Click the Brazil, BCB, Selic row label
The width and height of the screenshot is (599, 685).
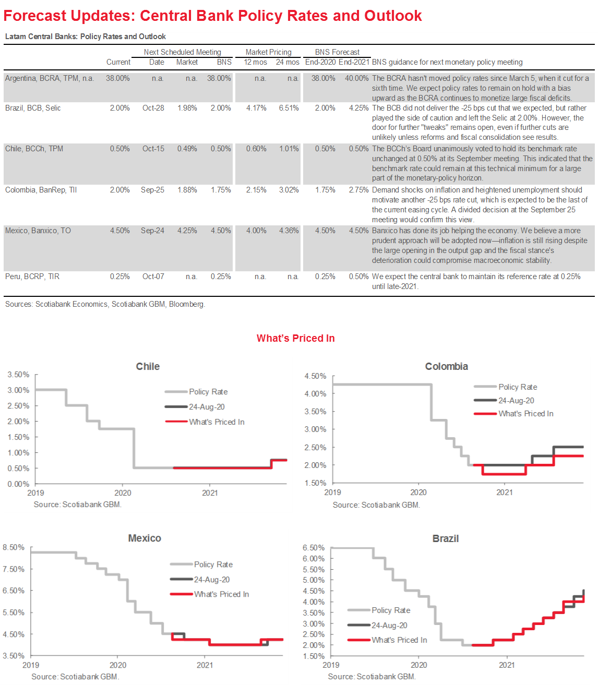tap(33, 108)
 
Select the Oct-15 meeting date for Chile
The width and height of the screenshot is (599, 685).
tap(153, 149)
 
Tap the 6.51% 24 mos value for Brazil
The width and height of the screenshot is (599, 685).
tap(289, 108)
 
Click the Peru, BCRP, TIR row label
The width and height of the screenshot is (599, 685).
tap(32, 277)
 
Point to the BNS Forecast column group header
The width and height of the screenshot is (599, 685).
tap(337, 52)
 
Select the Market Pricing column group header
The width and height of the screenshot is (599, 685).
tap(268, 52)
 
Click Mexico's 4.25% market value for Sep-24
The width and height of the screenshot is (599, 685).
tap(187, 231)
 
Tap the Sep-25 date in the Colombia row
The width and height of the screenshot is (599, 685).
tap(152, 190)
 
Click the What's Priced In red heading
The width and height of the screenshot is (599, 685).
tap(295, 338)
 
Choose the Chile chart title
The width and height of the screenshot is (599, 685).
tap(148, 366)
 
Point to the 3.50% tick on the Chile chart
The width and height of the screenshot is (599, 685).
tap(19, 375)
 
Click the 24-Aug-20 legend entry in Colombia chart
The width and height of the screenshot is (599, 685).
tap(516, 401)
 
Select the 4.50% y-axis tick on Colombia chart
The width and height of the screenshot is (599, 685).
tap(315, 376)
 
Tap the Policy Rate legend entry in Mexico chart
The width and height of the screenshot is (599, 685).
tap(213, 564)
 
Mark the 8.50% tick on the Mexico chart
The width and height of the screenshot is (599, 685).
tap(14, 547)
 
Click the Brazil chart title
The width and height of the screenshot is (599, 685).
tap(446, 538)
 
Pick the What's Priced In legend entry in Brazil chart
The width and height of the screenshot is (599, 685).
tap(399, 640)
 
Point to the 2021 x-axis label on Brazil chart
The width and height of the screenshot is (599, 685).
tap(507, 665)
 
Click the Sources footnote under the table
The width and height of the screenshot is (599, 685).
tap(105, 304)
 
